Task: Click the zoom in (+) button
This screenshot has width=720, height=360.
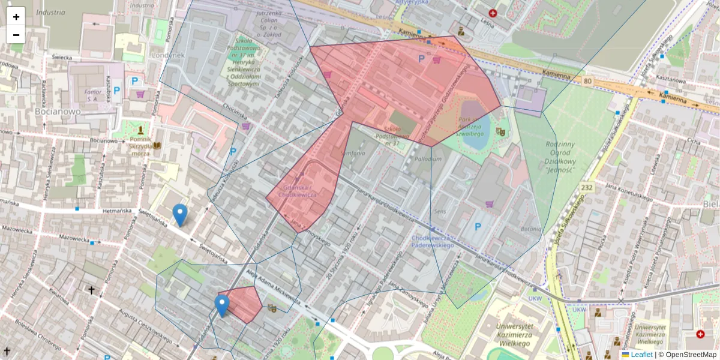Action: (x=16, y=16)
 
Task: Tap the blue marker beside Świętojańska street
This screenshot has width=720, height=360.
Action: (x=179, y=215)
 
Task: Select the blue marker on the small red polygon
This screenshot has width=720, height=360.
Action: (x=222, y=305)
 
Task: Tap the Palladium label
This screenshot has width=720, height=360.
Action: (x=427, y=159)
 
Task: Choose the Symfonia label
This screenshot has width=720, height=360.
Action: (x=352, y=154)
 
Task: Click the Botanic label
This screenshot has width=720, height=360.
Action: (x=531, y=229)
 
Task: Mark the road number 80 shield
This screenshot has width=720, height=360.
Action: (x=587, y=81)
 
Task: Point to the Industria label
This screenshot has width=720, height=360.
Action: (x=50, y=12)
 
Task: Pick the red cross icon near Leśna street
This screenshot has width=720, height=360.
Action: (x=493, y=13)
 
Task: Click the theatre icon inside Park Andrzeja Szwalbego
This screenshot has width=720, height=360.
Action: (x=501, y=131)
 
